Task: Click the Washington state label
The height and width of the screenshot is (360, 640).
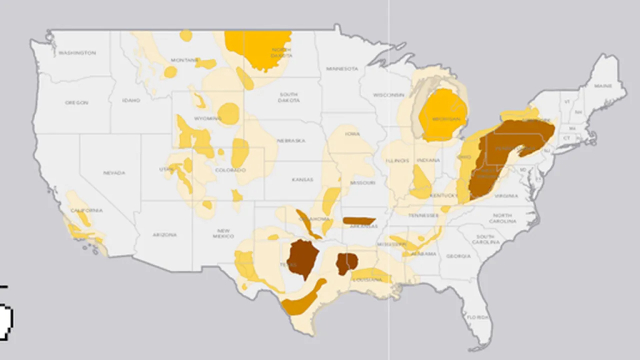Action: [77, 53]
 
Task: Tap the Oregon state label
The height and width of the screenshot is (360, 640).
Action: [77, 102]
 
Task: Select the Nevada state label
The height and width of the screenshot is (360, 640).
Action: [114, 172]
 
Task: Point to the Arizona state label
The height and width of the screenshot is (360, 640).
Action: [164, 235]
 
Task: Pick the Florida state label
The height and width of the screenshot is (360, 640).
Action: [477, 317]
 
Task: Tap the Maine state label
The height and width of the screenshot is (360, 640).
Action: [603, 86]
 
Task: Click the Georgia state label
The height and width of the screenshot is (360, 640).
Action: [459, 256]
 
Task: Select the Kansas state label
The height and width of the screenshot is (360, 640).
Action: [302, 180]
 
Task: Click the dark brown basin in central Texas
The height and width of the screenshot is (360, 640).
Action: [303, 257]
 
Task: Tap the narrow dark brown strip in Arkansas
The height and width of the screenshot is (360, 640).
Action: [359, 221]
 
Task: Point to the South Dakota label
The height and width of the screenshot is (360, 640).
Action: [288, 97]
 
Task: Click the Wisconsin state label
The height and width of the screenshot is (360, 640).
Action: [389, 95]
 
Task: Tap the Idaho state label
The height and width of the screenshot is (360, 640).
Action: [131, 101]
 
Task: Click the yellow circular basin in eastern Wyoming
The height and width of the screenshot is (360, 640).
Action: [229, 114]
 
